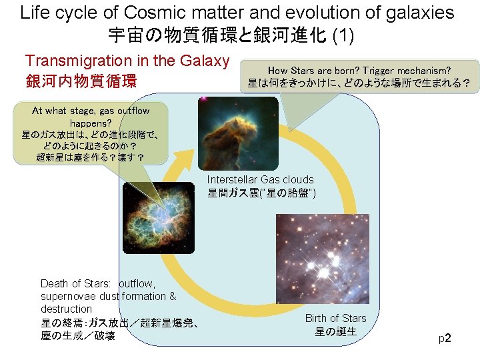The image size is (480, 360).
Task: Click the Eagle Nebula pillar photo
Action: coord(238,133)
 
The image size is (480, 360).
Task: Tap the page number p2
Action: coord(445,339)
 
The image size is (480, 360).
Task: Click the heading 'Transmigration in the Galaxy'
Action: coord(127,61)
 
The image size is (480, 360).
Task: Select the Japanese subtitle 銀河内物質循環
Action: coord(81,81)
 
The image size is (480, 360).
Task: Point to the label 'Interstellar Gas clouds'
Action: coord(260,179)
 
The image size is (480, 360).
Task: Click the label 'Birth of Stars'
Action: coord(335,318)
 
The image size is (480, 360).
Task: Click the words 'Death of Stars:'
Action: coord(75,283)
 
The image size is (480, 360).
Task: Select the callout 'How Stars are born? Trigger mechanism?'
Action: coord(359,70)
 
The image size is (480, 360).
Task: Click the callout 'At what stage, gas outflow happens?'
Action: coord(91,117)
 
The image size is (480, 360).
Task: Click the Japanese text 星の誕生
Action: coord(335,331)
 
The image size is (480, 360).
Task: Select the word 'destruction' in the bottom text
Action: coord(66,309)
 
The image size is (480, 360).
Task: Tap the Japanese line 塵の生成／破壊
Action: coord(77,336)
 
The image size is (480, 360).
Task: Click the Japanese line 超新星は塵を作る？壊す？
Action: coord(91,157)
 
